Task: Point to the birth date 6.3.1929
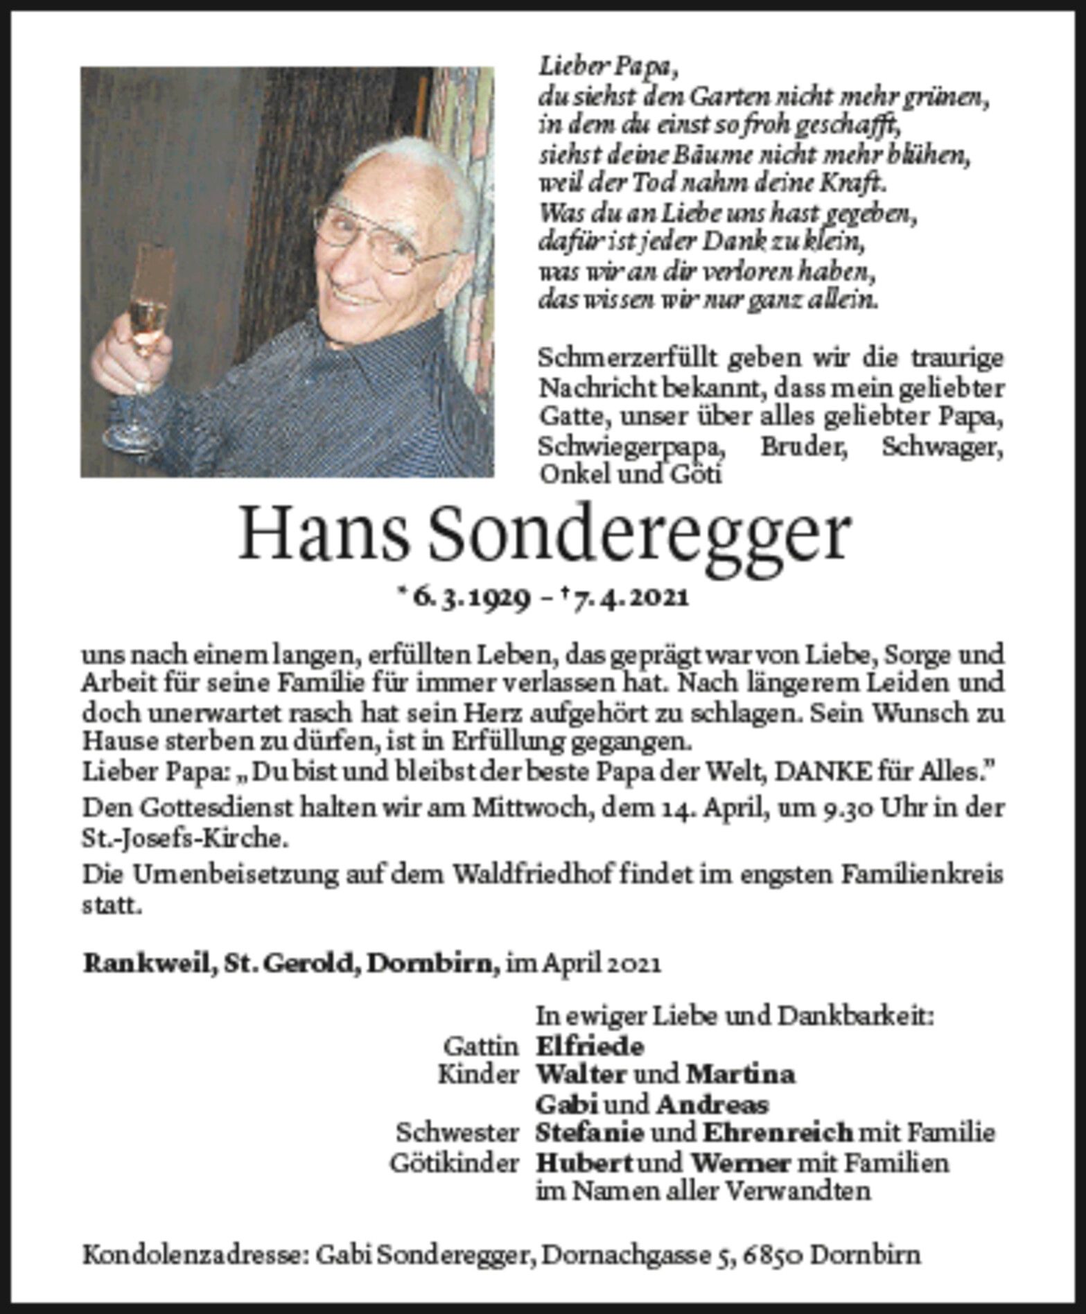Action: click(471, 597)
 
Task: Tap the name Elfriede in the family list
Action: click(590, 1046)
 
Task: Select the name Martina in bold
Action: click(740, 1075)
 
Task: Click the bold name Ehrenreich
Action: click(778, 1133)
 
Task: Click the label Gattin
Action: click(481, 1046)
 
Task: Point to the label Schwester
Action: click(457, 1133)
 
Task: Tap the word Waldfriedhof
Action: click(532, 875)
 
